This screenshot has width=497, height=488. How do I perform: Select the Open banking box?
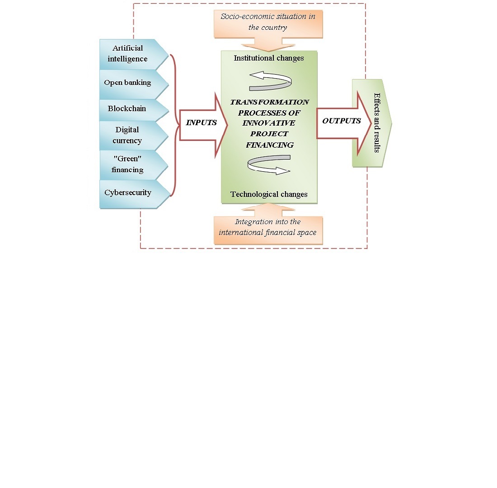[x=128, y=82]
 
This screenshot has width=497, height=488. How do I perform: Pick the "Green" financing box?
[x=127, y=165]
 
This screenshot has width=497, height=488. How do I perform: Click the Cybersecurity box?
[x=128, y=192]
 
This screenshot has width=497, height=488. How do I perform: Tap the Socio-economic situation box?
[x=268, y=22]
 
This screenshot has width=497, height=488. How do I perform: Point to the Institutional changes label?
[x=269, y=58]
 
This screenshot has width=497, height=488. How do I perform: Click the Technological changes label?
[x=269, y=194]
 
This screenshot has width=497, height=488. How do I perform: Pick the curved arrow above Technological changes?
[x=269, y=164]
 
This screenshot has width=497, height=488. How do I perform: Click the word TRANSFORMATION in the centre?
[x=269, y=102]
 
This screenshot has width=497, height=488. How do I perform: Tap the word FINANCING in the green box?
[x=269, y=145]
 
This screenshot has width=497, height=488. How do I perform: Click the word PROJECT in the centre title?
[x=269, y=134]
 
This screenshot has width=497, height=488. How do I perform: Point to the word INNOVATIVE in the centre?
[x=269, y=123]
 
